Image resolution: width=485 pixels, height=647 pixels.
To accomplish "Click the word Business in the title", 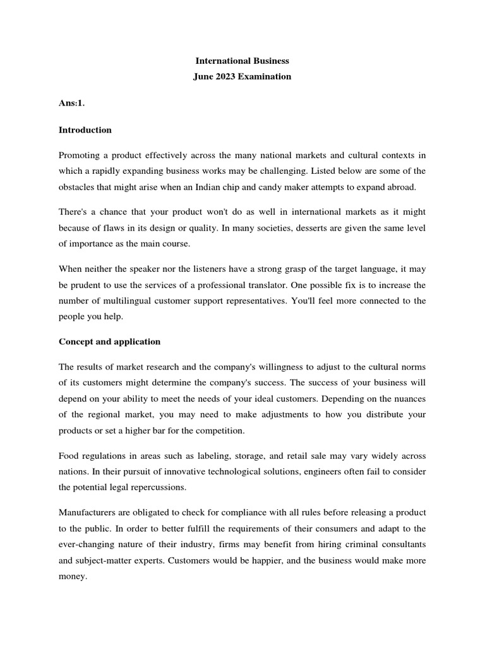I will (266, 61).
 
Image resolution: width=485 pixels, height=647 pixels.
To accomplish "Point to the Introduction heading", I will (85, 130).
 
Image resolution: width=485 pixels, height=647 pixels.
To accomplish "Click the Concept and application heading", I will (109, 341).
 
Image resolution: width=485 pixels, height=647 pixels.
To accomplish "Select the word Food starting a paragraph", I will (69, 456).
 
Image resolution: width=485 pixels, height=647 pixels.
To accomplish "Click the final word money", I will (72, 577).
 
